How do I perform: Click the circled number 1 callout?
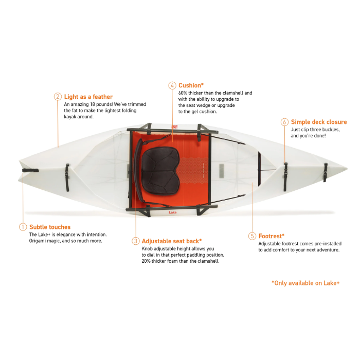click(x=23, y=227)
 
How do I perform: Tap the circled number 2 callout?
click(x=58, y=97)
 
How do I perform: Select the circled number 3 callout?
click(x=135, y=241)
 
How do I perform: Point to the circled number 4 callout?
click(x=172, y=85)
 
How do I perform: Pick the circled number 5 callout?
click(x=252, y=236)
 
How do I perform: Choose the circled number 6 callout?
click(x=285, y=122)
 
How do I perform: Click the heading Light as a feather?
click(x=88, y=97)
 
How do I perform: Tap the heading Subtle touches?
click(x=50, y=227)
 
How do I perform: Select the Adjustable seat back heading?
click(x=172, y=241)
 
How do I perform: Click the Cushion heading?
click(x=191, y=85)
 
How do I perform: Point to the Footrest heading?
click(x=272, y=236)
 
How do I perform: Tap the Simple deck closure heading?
click(x=319, y=122)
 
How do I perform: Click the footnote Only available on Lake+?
click(x=305, y=283)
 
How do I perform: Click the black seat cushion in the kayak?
click(x=159, y=171)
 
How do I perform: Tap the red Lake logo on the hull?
click(x=173, y=212)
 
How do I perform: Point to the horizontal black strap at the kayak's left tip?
click(x=30, y=170)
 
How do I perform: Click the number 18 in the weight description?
click(x=92, y=104)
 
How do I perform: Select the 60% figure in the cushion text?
click(x=183, y=93)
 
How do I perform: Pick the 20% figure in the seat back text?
click(x=146, y=261)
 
